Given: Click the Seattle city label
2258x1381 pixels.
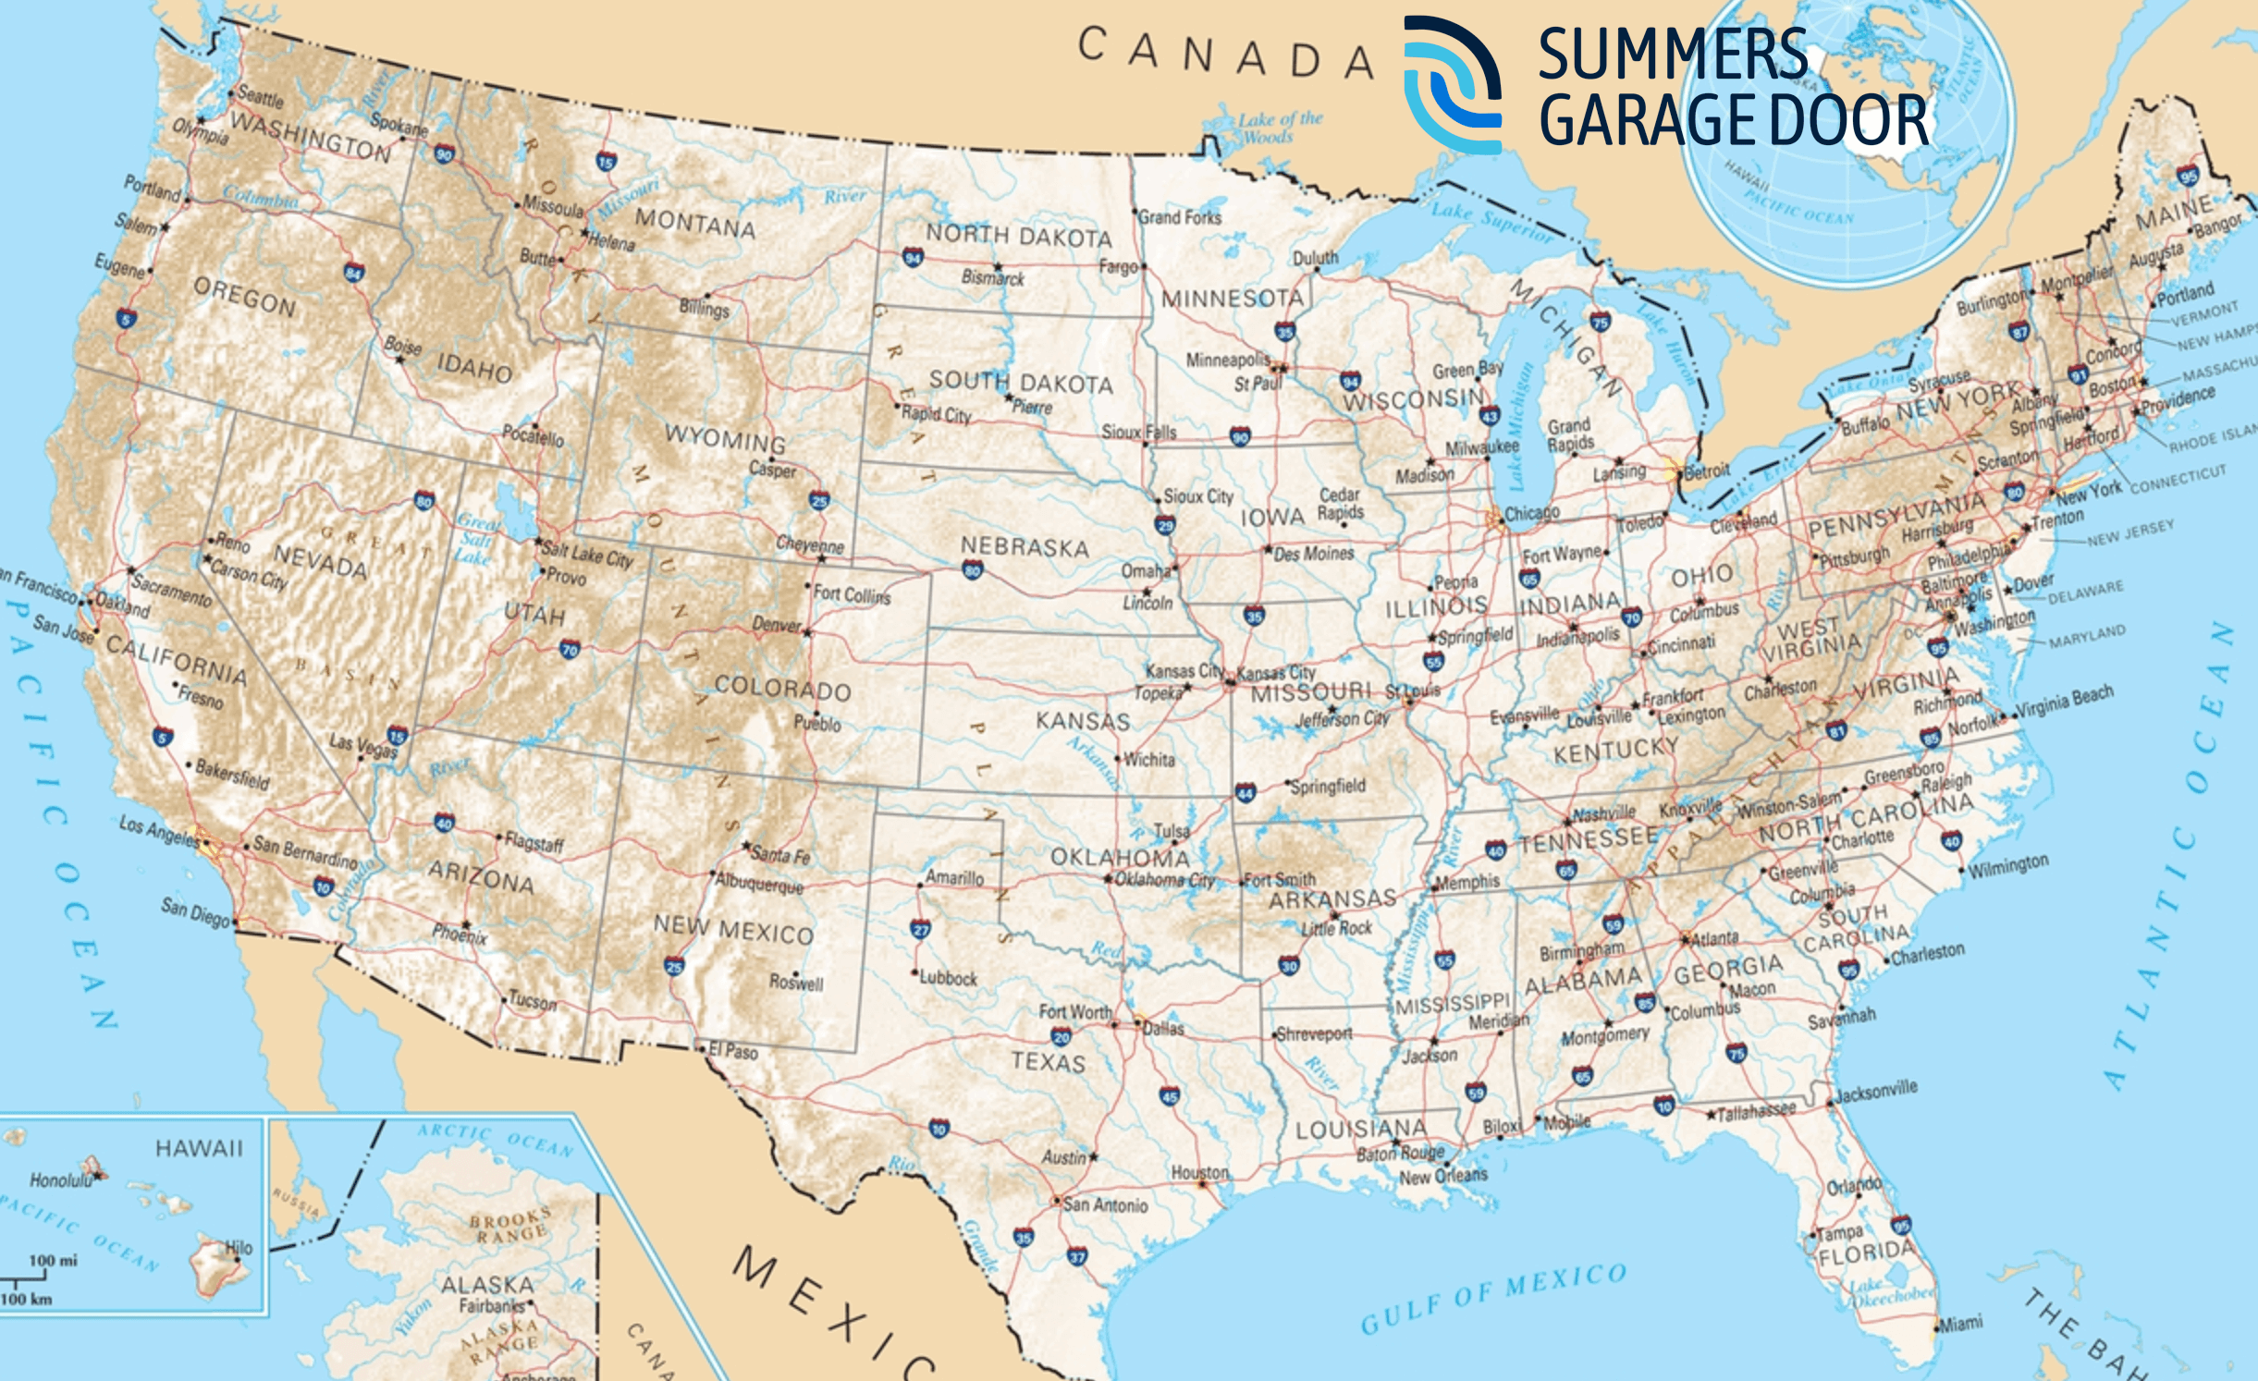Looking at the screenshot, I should (x=261, y=96).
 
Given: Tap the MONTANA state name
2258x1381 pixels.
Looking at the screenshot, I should (x=694, y=224).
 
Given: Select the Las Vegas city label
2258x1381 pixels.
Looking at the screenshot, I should (x=362, y=746).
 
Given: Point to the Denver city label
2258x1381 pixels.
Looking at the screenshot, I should (x=777, y=625).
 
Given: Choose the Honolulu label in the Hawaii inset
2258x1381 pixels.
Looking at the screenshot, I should (x=61, y=1180).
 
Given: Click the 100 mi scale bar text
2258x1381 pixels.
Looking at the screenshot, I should (x=53, y=1260).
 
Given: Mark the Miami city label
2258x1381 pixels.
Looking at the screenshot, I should (x=1960, y=1324).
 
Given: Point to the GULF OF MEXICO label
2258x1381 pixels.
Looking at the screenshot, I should (x=1492, y=1298).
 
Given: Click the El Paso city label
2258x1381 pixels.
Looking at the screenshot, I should (x=733, y=1051).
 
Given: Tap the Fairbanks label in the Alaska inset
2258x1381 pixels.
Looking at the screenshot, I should (x=491, y=1306).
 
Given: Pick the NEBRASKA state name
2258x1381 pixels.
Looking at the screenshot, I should (x=1025, y=547).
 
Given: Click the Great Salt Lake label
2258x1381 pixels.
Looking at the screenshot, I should (x=475, y=539).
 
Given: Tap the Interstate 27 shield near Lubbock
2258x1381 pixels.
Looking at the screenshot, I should (x=920, y=929).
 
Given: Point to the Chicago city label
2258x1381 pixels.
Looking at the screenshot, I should (x=1531, y=513).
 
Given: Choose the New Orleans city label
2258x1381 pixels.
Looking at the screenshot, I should (x=1442, y=1176).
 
